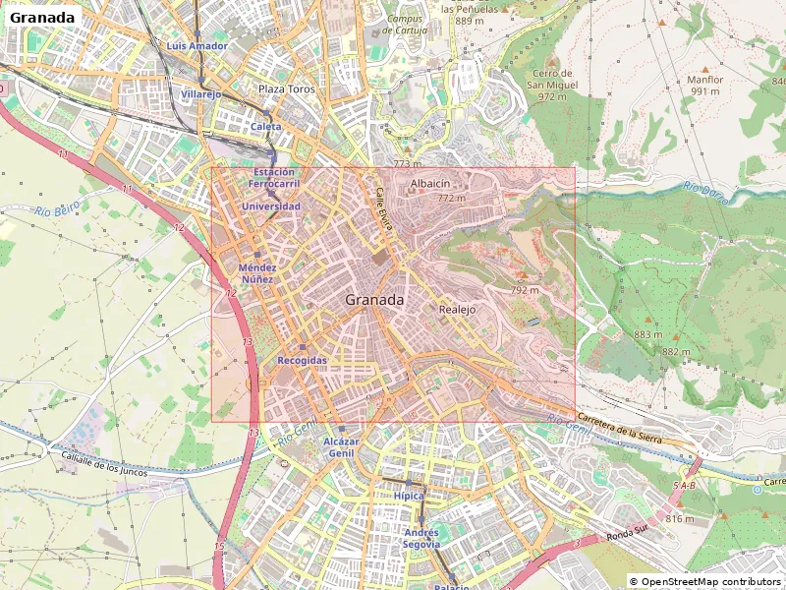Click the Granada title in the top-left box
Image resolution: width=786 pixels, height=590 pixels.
(41, 18)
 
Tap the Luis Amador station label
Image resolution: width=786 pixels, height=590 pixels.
(197, 46)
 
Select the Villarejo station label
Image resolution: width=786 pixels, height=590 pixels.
(201, 94)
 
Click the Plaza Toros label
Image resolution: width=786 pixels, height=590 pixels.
(286, 89)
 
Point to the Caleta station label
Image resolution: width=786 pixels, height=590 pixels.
(265, 127)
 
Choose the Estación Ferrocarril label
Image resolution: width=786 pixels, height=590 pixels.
(273, 178)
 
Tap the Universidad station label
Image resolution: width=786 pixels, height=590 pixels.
(271, 206)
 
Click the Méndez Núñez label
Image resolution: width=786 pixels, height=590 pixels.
(257, 273)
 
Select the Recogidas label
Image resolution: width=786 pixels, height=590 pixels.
(302, 361)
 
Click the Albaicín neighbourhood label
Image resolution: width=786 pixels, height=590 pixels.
(430, 183)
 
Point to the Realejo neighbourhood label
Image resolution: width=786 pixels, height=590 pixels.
(457, 309)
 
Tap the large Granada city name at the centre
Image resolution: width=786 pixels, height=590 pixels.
(374, 300)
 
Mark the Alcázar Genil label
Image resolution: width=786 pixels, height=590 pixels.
(341, 448)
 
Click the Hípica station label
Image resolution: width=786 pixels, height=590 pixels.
(409, 496)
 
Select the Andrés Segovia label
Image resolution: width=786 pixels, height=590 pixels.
(421, 538)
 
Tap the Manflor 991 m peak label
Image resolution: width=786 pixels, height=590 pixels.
(704, 86)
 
